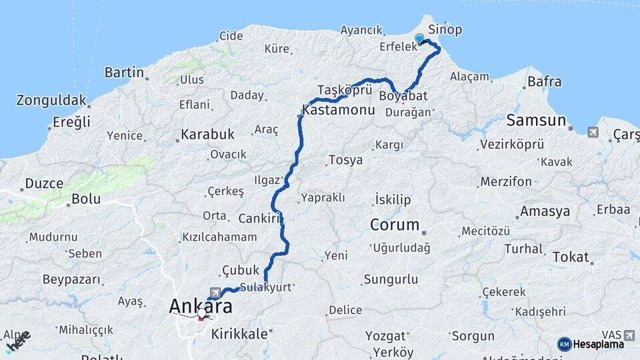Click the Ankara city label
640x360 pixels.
click(201, 306)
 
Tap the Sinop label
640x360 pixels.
click(445, 30)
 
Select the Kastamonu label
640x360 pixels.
click(338, 109)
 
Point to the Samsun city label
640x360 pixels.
click(536, 121)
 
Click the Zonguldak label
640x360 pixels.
click(52, 101)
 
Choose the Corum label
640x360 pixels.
click(395, 225)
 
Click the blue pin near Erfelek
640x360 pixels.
click(419, 39)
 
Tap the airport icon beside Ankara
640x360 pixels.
click(215, 292)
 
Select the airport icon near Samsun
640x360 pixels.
click(593, 132)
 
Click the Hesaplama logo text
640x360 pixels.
click(598, 344)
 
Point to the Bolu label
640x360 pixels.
click(86, 198)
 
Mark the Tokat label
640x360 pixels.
click(570, 257)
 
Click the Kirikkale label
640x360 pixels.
click(239, 334)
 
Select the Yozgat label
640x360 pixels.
click(387, 336)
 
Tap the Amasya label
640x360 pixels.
click(545, 211)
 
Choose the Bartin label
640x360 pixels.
click(124, 72)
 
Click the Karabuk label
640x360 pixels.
click(208, 134)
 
